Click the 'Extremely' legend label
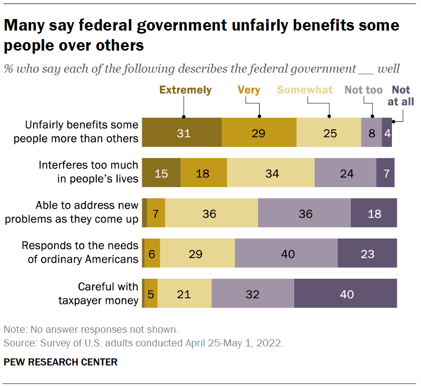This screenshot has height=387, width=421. point(185,90)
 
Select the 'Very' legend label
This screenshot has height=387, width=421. point(249,90)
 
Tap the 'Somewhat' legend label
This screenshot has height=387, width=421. point(305,90)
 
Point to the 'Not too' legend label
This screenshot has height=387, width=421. point(364,90)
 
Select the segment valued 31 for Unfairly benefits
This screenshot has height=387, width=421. point(182,133)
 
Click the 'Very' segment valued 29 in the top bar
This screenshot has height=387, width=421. point(259,133)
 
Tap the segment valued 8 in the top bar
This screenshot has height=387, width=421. point(371,133)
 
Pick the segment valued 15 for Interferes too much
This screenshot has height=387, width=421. point(161,173)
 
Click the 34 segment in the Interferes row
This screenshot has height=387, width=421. point(271,173)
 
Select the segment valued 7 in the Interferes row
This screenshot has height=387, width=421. point(385,173)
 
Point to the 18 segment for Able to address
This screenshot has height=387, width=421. point(374,214)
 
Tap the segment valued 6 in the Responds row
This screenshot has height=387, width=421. point(152,254)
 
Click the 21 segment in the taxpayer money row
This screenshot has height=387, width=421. point(184,294)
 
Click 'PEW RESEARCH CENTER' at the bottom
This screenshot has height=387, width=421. point(61,362)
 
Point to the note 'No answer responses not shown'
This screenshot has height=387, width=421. point(91,330)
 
